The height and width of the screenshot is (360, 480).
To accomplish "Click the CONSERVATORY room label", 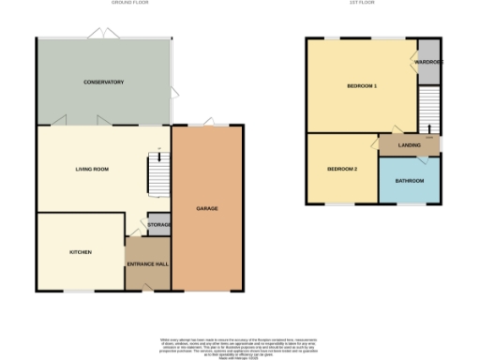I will coord(103,82).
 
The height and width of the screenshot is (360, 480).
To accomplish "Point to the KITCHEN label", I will coord(80,252).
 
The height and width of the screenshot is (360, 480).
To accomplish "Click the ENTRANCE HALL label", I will coord(147,262).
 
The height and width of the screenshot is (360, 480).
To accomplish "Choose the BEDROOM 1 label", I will coord(362,86).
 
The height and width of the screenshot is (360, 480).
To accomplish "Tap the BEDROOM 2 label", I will coord(342,169).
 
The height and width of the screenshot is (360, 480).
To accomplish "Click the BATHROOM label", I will coord(409,180).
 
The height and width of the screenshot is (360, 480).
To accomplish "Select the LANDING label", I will coord(408,145).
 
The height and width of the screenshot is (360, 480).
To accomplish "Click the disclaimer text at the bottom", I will coord(239,346).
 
